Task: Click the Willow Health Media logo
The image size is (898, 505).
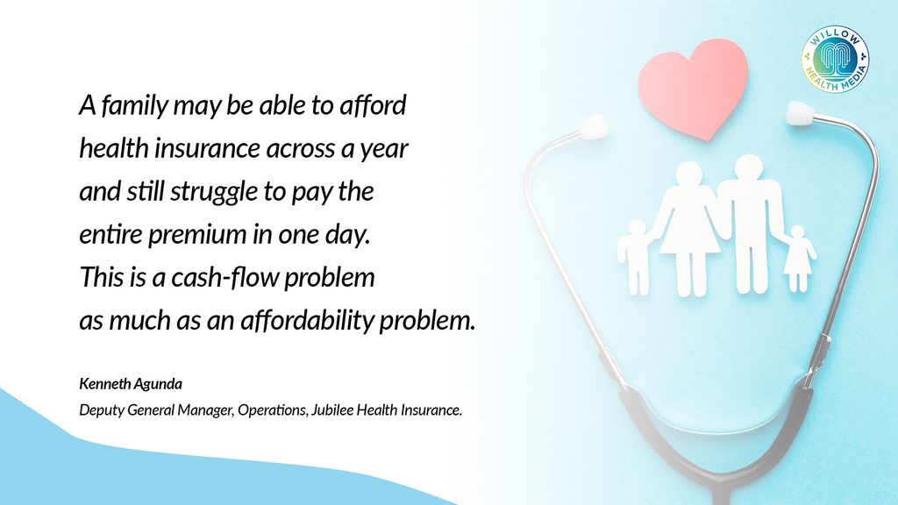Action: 835,59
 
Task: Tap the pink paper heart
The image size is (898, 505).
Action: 693,88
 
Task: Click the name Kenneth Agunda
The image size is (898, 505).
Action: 131,384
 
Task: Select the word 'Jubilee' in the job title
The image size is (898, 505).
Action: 332,410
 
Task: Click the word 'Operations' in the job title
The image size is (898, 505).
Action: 272,410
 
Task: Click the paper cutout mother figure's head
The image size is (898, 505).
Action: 688,175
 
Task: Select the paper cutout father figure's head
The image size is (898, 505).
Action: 748,169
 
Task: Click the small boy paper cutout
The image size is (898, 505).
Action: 635,257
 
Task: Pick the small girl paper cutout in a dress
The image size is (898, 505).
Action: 798,259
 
